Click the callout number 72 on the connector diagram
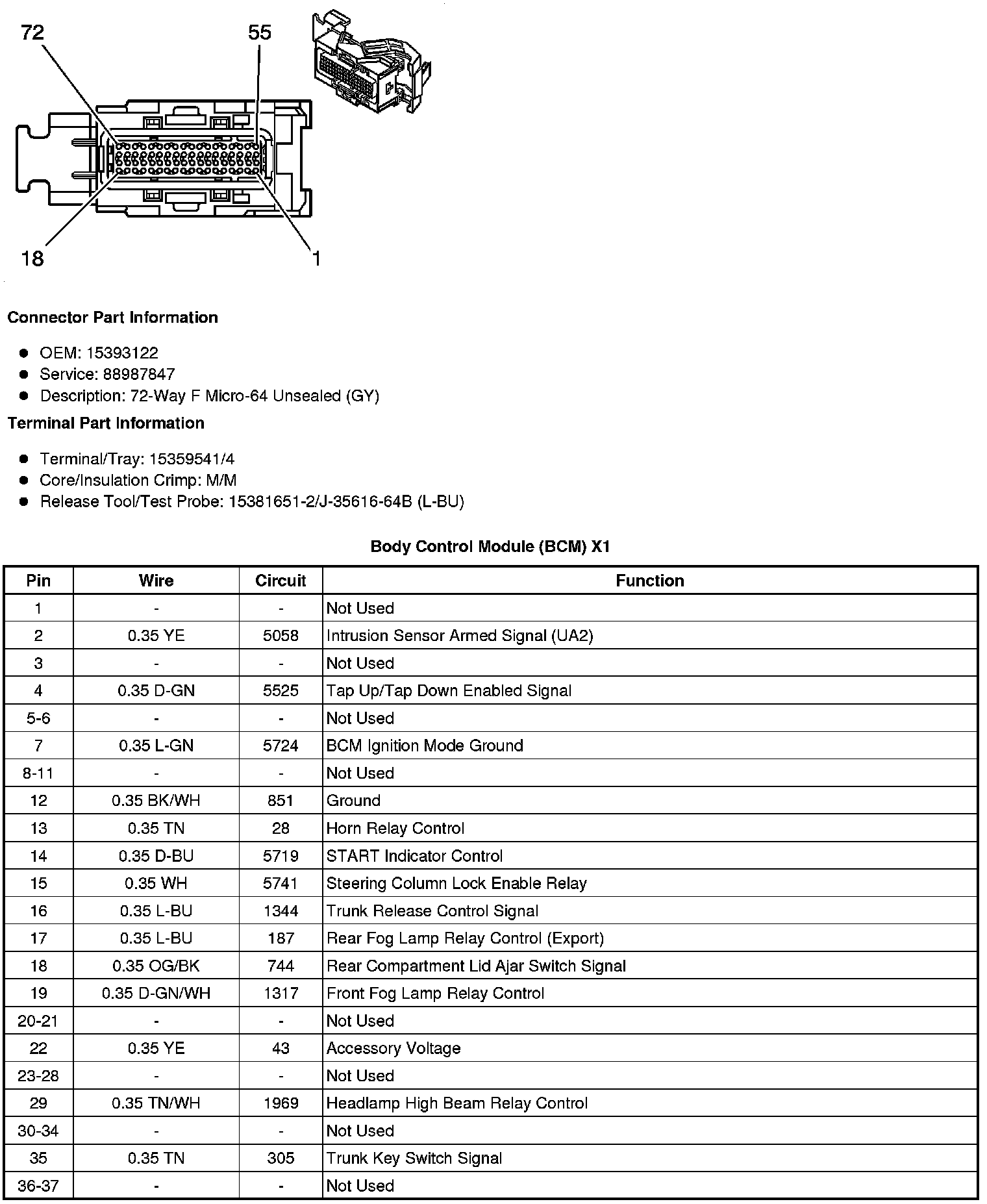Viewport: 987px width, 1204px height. (x=33, y=32)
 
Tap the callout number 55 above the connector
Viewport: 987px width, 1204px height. (x=260, y=32)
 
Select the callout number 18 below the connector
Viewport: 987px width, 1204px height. (x=32, y=258)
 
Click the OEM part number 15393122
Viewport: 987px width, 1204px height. (x=122, y=353)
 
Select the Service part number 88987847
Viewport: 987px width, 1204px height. (x=138, y=374)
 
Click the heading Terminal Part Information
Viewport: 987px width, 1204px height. (x=106, y=423)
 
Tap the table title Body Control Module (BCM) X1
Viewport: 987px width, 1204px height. (x=490, y=547)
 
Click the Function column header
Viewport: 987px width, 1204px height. (x=649, y=581)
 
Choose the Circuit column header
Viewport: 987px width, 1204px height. (x=281, y=581)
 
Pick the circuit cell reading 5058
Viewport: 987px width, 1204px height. (x=281, y=636)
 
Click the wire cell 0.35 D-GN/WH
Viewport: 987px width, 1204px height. (x=156, y=994)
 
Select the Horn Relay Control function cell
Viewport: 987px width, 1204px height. (x=395, y=829)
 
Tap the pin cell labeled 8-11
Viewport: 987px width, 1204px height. (x=38, y=773)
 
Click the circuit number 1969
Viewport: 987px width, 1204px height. (x=281, y=1103)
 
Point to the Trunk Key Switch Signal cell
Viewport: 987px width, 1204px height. (x=414, y=1159)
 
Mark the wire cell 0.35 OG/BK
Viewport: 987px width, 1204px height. (x=156, y=966)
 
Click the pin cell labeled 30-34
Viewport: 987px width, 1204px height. (x=38, y=1131)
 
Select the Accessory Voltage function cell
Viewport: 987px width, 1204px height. (x=394, y=1048)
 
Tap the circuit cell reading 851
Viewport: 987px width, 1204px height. (x=281, y=801)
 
